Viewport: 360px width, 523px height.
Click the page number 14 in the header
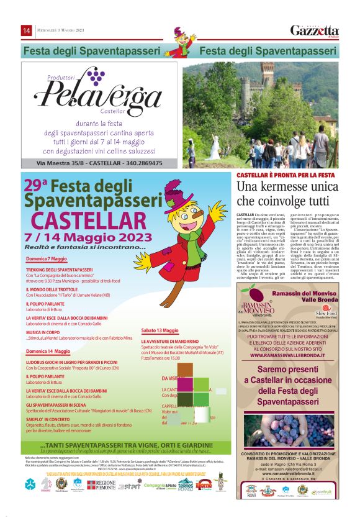pos(27,30)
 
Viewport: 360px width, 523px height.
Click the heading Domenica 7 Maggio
pos(46,258)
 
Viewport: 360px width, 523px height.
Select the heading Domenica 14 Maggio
pos(48,352)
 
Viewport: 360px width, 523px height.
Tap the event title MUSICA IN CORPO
pos(42,332)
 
